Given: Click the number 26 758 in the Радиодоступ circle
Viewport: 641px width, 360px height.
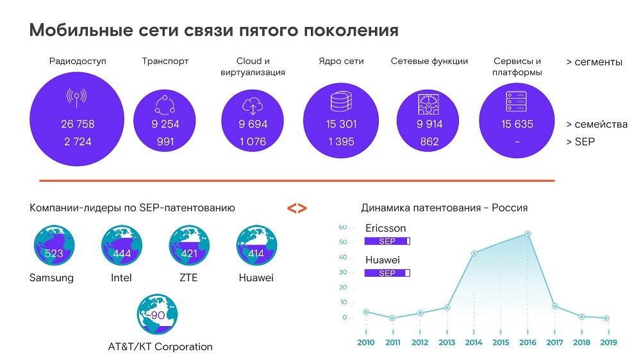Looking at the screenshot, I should point(78,124).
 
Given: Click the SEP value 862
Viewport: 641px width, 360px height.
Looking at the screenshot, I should point(429,142).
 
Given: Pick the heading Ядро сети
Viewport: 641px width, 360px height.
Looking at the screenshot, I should point(341,61).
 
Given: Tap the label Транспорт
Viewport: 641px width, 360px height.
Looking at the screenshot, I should point(165,61).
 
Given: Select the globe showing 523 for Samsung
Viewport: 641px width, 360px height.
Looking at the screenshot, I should point(54,249).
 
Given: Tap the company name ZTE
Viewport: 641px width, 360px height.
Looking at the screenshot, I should point(189,278).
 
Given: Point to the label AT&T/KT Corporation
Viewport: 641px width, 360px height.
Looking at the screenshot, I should point(160,347).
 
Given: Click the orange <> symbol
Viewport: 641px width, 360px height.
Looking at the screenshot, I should point(296,208).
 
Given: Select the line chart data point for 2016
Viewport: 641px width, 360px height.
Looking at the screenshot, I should point(528,234).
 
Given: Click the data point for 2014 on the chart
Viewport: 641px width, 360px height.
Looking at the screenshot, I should point(474,253).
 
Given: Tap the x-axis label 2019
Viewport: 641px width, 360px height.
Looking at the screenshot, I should point(608,343).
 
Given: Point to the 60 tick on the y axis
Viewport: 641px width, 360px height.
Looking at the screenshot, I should point(343,227).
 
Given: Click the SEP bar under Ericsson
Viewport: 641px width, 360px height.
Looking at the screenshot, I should point(387,241).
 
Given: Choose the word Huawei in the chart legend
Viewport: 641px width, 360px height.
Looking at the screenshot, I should point(383,260).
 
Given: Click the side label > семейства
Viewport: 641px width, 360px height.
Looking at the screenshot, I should point(597,124).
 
